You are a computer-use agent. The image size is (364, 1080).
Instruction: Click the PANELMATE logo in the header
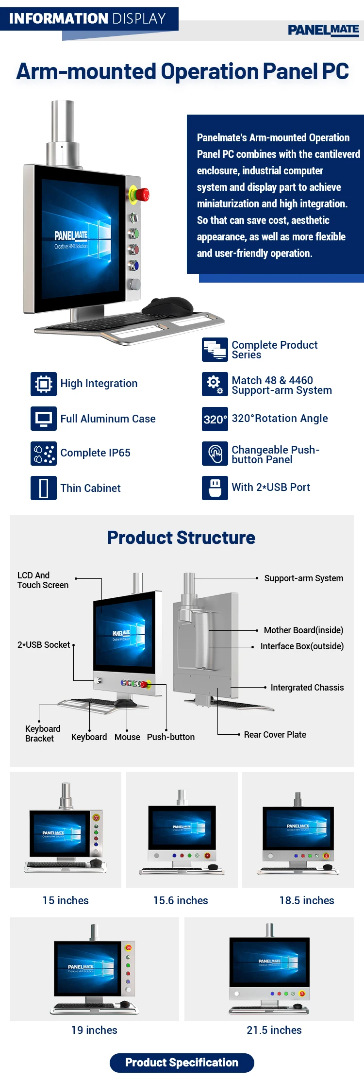323,30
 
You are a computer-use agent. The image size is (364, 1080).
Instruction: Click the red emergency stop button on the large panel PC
142,195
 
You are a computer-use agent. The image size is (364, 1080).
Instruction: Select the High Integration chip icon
44,384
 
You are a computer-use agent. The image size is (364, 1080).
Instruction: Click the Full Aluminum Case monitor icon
44,419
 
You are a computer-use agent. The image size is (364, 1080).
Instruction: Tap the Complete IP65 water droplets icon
44,453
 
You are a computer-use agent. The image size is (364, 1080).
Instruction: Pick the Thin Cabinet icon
44,488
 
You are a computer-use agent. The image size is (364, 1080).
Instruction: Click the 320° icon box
215,419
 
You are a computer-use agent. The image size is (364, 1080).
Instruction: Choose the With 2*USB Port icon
215,488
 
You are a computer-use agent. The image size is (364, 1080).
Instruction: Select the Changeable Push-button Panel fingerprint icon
215,454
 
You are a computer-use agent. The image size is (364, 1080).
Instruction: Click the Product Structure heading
181,538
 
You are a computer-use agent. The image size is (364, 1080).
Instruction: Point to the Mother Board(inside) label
303,630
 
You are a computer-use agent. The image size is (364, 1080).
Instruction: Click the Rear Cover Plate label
275,735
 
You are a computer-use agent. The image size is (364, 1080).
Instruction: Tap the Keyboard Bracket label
43,734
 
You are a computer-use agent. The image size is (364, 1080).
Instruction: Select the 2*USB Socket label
44,645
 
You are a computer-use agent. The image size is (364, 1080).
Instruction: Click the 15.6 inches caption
181,900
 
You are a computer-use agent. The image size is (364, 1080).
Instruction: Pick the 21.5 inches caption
274,1030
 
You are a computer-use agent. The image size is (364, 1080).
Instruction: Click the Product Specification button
182,1063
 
